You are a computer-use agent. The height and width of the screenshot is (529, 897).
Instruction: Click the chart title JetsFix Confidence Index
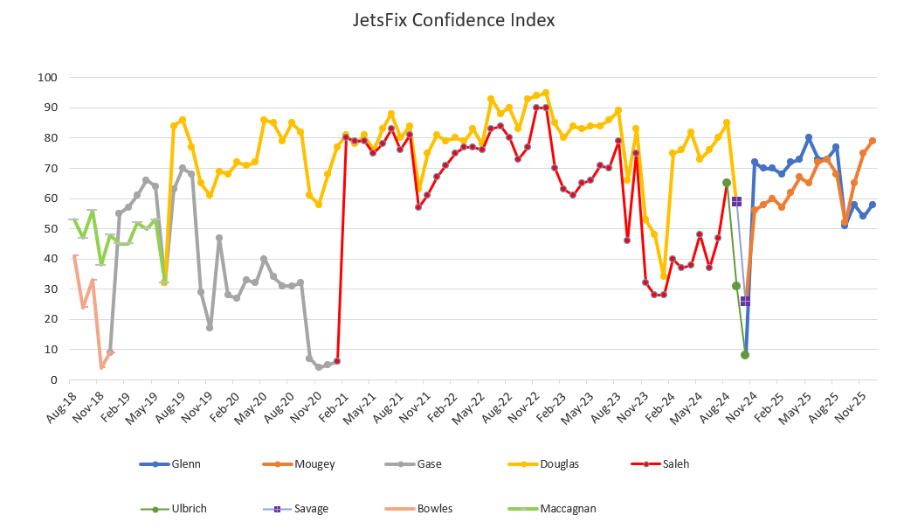454,19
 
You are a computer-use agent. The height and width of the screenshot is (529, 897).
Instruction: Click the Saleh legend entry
676,464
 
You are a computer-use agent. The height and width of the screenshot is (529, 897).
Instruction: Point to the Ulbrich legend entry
190,508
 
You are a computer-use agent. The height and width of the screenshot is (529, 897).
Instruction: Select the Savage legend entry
311,508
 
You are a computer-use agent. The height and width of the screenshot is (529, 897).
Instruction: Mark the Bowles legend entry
434,508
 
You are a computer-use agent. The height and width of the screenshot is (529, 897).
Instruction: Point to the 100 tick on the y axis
45,78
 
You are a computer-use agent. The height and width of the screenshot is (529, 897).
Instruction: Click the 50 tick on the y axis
49,229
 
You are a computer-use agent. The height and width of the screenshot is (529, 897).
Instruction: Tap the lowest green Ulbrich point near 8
745,355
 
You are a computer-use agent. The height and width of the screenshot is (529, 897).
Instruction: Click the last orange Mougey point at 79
873,141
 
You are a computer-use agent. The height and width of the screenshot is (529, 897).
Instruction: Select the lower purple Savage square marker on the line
745,301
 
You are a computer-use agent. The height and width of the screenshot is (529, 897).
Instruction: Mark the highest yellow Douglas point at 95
546,93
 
